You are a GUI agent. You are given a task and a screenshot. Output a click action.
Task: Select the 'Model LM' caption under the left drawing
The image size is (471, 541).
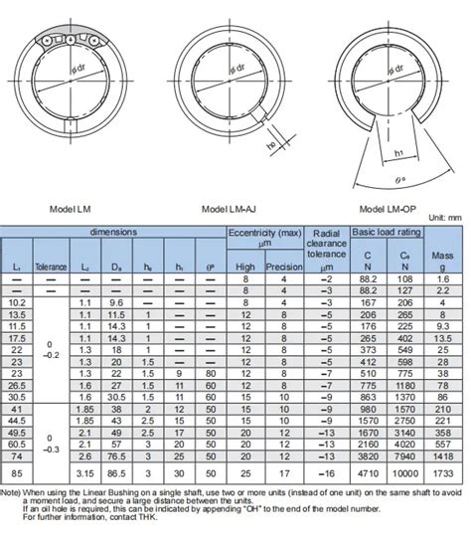click(72, 210)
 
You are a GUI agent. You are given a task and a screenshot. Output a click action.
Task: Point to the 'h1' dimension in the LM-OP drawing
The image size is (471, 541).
click(397, 152)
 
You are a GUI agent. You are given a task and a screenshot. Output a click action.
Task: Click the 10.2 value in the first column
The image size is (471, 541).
click(17, 301)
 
